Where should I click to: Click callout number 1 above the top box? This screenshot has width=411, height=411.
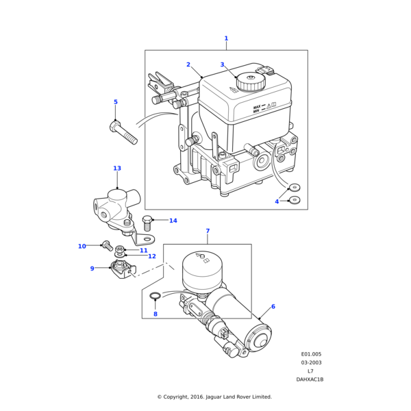pyautogui.click(x=226, y=38)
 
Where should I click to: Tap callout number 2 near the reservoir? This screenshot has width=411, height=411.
pyautogui.click(x=188, y=64)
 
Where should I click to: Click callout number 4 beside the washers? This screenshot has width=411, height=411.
pyautogui.click(x=277, y=201)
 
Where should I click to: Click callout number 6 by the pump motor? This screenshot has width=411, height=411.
pyautogui.click(x=273, y=307)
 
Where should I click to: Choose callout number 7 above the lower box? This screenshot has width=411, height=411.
pyautogui.click(x=208, y=231)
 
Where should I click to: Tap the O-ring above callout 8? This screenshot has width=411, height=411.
pyautogui.click(x=155, y=297)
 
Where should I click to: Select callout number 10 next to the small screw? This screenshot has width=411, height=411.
pyautogui.click(x=82, y=246)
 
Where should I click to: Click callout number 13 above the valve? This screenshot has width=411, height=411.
pyautogui.click(x=117, y=168)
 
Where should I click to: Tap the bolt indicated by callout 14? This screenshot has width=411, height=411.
pyautogui.click(x=147, y=223)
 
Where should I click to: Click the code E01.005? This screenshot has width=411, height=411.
pyautogui.click(x=312, y=354)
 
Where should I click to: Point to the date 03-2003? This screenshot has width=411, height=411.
pyautogui.click(x=312, y=362)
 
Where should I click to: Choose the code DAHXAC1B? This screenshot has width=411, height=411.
pyautogui.click(x=310, y=379)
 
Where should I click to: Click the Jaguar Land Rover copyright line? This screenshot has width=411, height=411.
pyautogui.click(x=214, y=397)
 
